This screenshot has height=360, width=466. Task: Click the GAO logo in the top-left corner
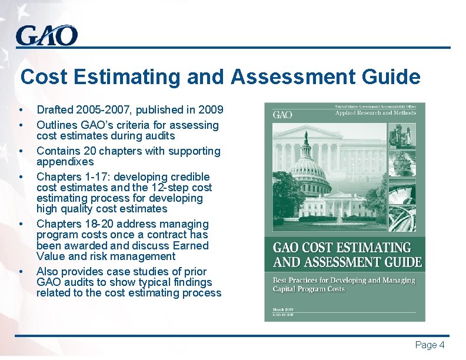(46, 36)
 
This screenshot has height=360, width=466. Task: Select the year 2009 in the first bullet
(211, 109)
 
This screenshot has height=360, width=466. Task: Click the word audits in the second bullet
(159, 136)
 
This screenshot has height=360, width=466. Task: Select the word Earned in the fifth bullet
(189, 245)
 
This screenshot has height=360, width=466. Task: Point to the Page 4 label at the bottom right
(430, 345)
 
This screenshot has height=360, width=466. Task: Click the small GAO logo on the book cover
(282, 114)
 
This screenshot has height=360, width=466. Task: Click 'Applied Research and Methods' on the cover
(375, 113)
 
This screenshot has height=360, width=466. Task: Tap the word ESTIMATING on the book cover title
(370, 248)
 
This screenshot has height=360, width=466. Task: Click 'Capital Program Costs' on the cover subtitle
(309, 289)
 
